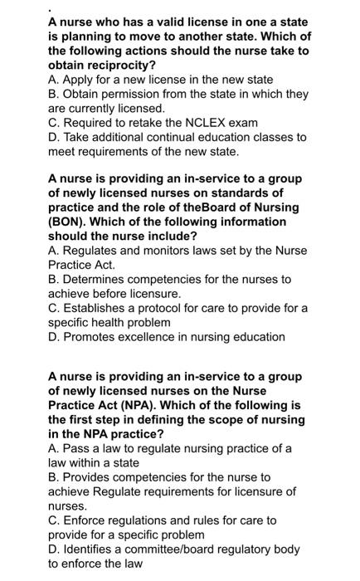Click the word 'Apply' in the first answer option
[x=80, y=80]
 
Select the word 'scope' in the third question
[x=245, y=420]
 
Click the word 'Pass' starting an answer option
[x=77, y=448]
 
